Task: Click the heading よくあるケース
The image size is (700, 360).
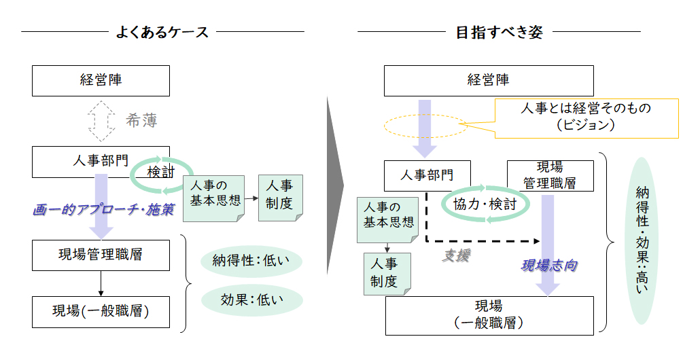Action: [x=162, y=32]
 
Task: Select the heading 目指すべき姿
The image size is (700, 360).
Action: [x=499, y=32]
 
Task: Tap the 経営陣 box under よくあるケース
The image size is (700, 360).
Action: [x=101, y=80]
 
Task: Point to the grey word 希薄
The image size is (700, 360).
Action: [x=142, y=121]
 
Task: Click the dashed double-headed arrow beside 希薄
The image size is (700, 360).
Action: [x=101, y=122]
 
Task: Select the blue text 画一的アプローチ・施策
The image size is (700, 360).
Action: [x=103, y=210]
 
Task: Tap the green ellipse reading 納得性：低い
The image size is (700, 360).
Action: [x=251, y=260]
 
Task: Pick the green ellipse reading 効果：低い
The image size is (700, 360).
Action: [x=251, y=299]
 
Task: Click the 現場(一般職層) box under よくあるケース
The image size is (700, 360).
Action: [x=101, y=312]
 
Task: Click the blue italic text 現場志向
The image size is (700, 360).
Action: [x=548, y=265]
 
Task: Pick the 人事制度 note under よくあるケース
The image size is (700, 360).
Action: [x=279, y=197]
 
